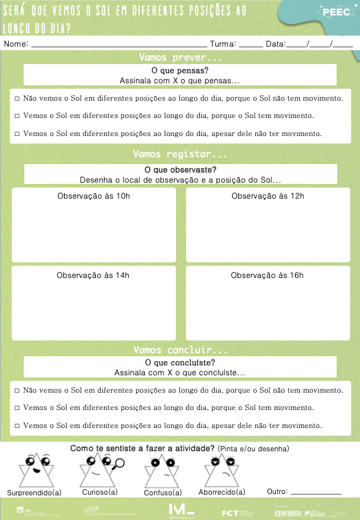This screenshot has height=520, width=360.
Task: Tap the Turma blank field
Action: pos(251,44)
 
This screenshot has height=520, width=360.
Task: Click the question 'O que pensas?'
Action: pos(179,70)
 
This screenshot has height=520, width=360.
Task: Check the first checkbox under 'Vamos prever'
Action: pos(17,99)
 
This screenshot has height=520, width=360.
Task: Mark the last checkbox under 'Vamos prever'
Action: pos(17,133)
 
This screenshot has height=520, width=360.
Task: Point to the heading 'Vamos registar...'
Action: pos(180,154)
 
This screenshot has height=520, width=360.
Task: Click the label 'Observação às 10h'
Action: pos(93,196)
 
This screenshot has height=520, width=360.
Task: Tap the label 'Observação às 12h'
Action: pos(267,196)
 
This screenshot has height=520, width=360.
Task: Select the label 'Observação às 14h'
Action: pos(93,275)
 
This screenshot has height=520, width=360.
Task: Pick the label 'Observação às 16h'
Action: pos(267,275)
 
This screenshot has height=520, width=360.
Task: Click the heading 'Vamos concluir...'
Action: pos(180,350)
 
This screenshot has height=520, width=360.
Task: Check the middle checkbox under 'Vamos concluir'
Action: pos(17,407)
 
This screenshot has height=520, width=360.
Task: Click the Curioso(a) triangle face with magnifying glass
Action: pos(99,470)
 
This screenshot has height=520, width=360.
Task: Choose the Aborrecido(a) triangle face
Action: pos(221,470)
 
